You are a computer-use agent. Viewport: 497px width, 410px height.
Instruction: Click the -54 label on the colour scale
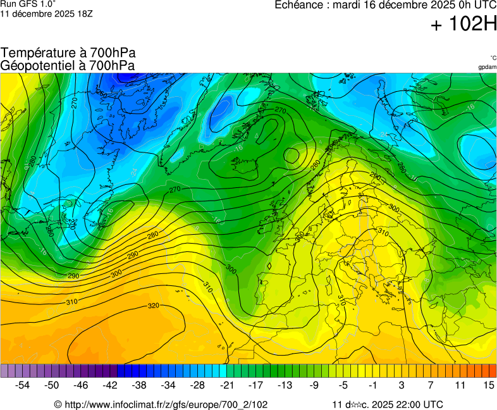pyautogui.click(x=23, y=385)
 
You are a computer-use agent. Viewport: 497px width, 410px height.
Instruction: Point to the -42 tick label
pyautogui.click(x=111, y=385)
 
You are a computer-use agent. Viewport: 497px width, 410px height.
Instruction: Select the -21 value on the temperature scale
pyautogui.click(x=226, y=385)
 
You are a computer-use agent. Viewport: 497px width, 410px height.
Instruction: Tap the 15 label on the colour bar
pyautogui.click(x=488, y=385)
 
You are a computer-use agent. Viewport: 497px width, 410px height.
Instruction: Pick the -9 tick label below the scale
pyautogui.click(x=314, y=385)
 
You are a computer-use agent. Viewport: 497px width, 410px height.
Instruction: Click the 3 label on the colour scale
pyautogui.click(x=402, y=385)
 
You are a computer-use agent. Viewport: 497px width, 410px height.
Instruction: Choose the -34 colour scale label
pyautogui.click(x=169, y=385)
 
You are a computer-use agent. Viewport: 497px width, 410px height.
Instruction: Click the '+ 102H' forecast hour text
pyautogui.click(x=463, y=25)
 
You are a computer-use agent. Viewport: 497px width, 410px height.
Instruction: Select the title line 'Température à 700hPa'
pyautogui.click(x=68, y=53)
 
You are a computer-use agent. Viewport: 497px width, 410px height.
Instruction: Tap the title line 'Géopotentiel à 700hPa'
pyautogui.click(x=68, y=65)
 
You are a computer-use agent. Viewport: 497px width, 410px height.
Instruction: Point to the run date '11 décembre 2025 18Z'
pyautogui.click(x=46, y=13)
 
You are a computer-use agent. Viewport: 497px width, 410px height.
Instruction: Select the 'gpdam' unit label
pyautogui.click(x=487, y=66)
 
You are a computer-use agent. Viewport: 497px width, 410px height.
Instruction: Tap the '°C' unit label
pyautogui.click(x=493, y=58)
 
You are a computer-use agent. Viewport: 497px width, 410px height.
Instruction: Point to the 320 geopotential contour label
pyautogui.click(x=153, y=306)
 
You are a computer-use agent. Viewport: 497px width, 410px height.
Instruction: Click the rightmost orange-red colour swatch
pyautogui.click(x=493, y=371)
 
